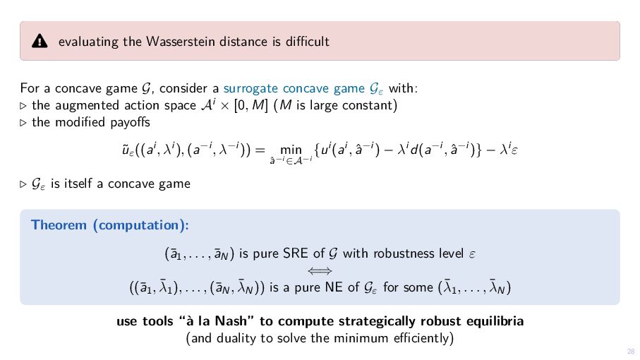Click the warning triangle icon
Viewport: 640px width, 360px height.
pyautogui.click(x=40, y=42)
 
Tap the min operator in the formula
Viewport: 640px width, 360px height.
pyautogui.click(x=291, y=150)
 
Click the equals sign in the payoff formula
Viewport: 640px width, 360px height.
pyautogui.click(x=259, y=150)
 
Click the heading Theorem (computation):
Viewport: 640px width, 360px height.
pyautogui.click(x=110, y=225)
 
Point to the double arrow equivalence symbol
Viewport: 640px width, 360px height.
pyautogui.click(x=320, y=270)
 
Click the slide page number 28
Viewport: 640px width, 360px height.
pyautogui.click(x=631, y=351)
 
